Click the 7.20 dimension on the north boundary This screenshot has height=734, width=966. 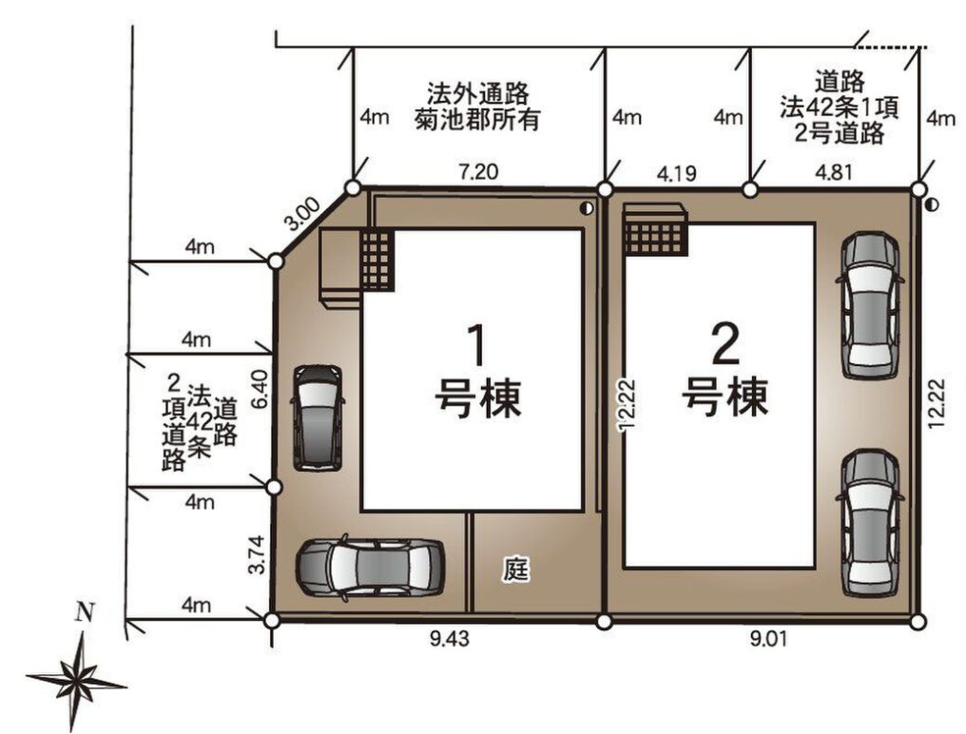(478, 172)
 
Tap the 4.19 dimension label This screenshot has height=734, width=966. (676, 174)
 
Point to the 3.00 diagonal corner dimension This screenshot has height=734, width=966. (304, 214)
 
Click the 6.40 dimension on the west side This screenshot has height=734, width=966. (260, 389)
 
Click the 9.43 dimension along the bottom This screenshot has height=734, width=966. (450, 639)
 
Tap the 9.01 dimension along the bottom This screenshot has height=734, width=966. (767, 640)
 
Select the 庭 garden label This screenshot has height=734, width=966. (515, 569)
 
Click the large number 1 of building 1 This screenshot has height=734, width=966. (476, 346)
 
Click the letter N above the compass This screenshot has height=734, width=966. (85, 612)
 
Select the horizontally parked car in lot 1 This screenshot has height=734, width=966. (370, 567)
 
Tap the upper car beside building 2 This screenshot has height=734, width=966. (870, 304)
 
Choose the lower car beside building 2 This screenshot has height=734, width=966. (871, 523)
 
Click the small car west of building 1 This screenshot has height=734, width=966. (318, 417)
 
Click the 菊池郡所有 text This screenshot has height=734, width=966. (477, 119)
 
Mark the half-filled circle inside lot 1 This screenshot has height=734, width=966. (586, 208)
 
